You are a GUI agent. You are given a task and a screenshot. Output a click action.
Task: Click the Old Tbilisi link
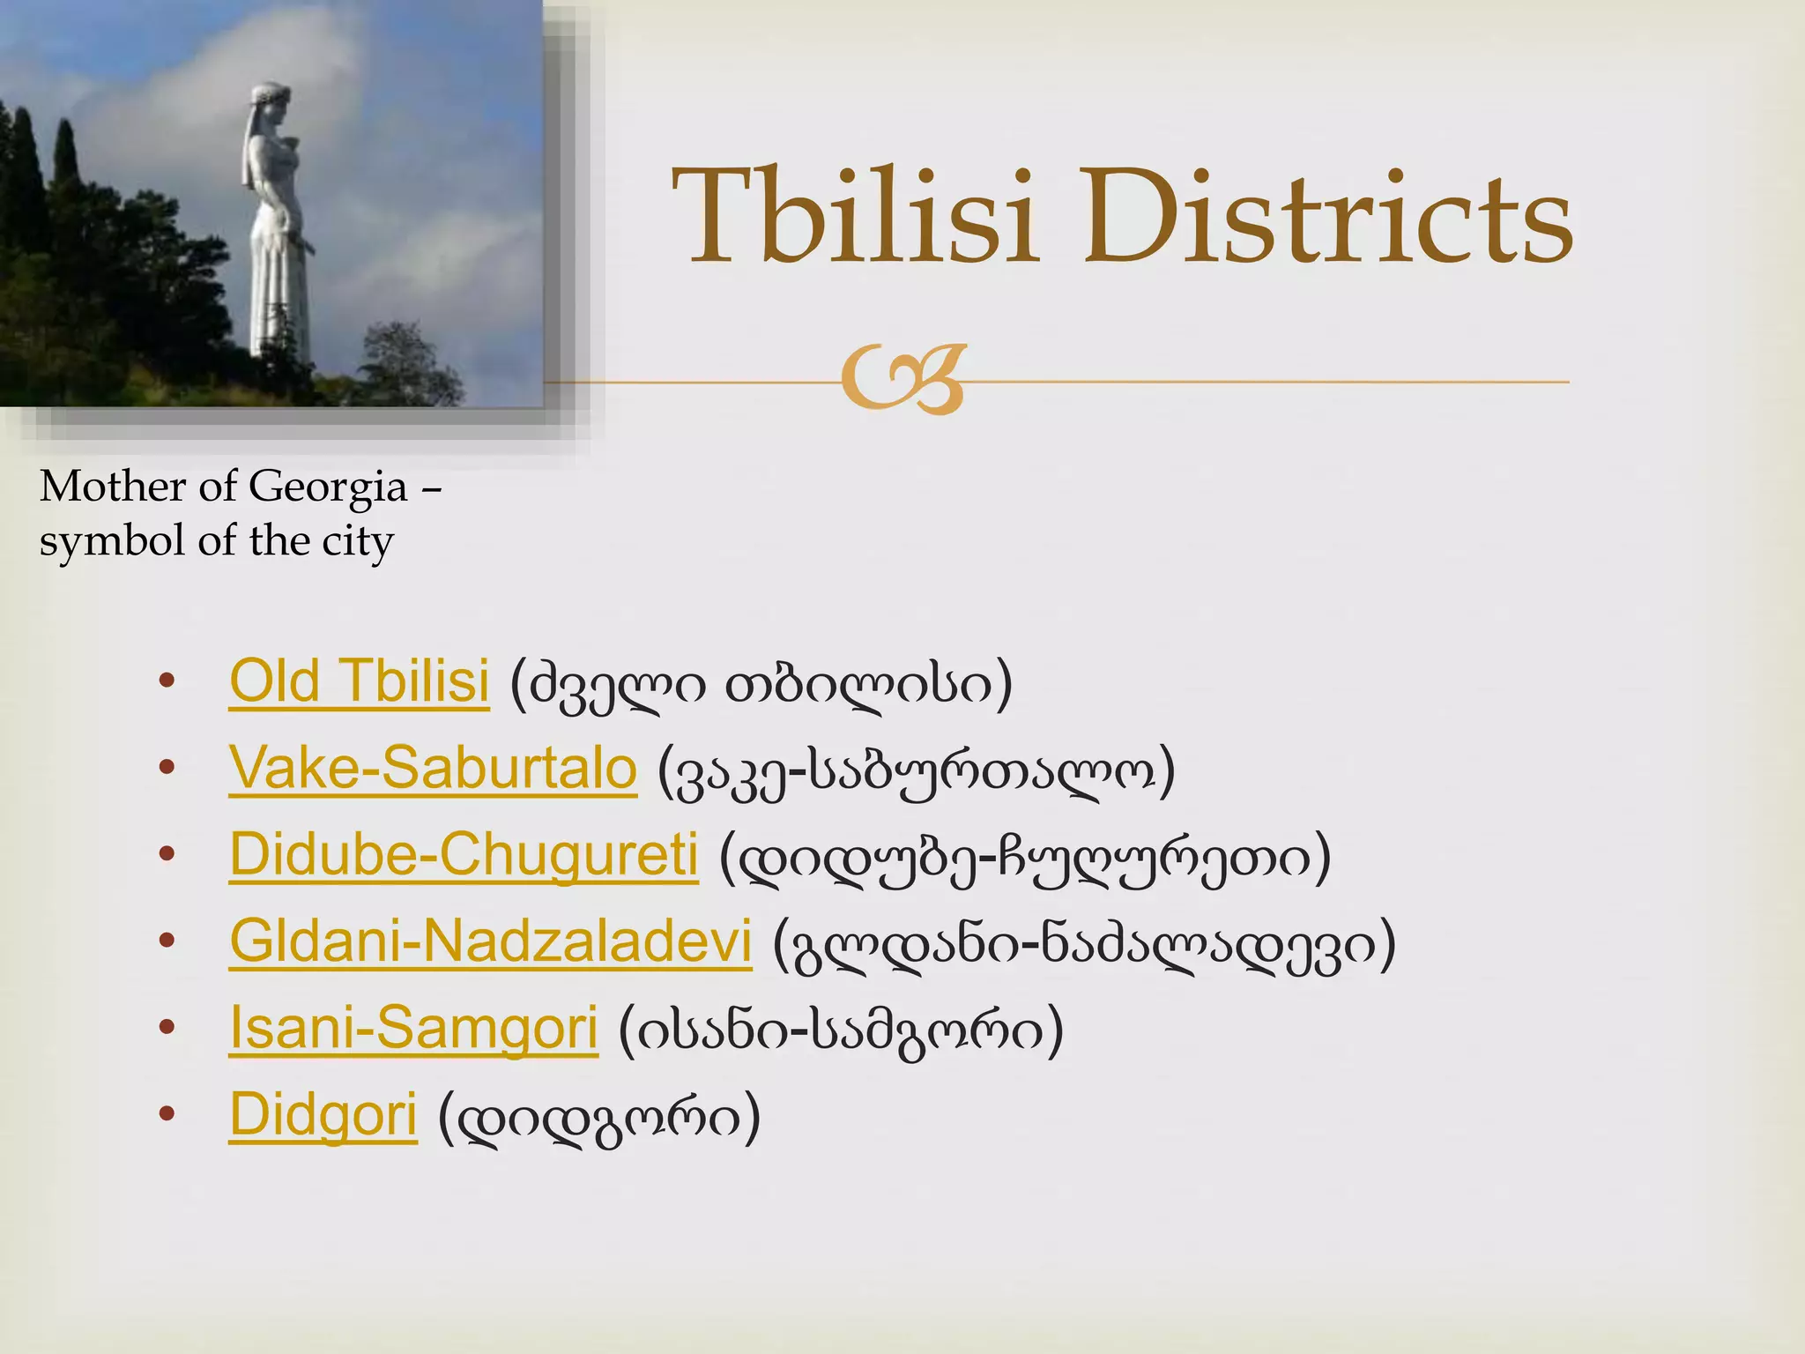pyautogui.click(x=359, y=681)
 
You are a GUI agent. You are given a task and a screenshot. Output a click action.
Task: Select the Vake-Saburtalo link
pyautogui.click(x=432, y=768)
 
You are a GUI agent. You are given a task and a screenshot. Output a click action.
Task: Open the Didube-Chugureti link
pyautogui.click(x=464, y=854)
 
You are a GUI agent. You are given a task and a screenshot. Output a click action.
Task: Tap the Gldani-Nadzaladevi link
pyautogui.click(x=490, y=941)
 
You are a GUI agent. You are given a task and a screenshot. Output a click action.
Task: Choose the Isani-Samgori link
pyautogui.click(x=413, y=1028)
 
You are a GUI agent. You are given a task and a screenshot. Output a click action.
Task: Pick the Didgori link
pyautogui.click(x=323, y=1114)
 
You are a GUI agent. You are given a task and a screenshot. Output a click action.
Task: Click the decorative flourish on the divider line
pyautogui.click(x=903, y=380)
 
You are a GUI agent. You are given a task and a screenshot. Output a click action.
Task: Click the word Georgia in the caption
pyautogui.click(x=328, y=487)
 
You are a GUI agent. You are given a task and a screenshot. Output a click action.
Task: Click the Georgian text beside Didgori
pyautogui.click(x=599, y=1118)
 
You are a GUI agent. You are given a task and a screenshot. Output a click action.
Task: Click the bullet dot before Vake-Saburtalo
pyautogui.click(x=167, y=769)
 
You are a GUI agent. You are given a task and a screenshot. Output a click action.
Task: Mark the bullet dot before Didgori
pyautogui.click(x=167, y=1115)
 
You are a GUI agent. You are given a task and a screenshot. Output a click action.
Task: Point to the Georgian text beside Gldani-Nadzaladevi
pyautogui.click(x=1084, y=944)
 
